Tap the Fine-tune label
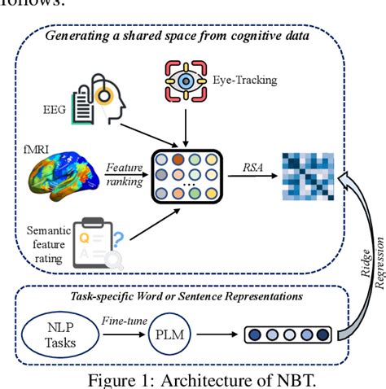[x=124, y=321]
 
